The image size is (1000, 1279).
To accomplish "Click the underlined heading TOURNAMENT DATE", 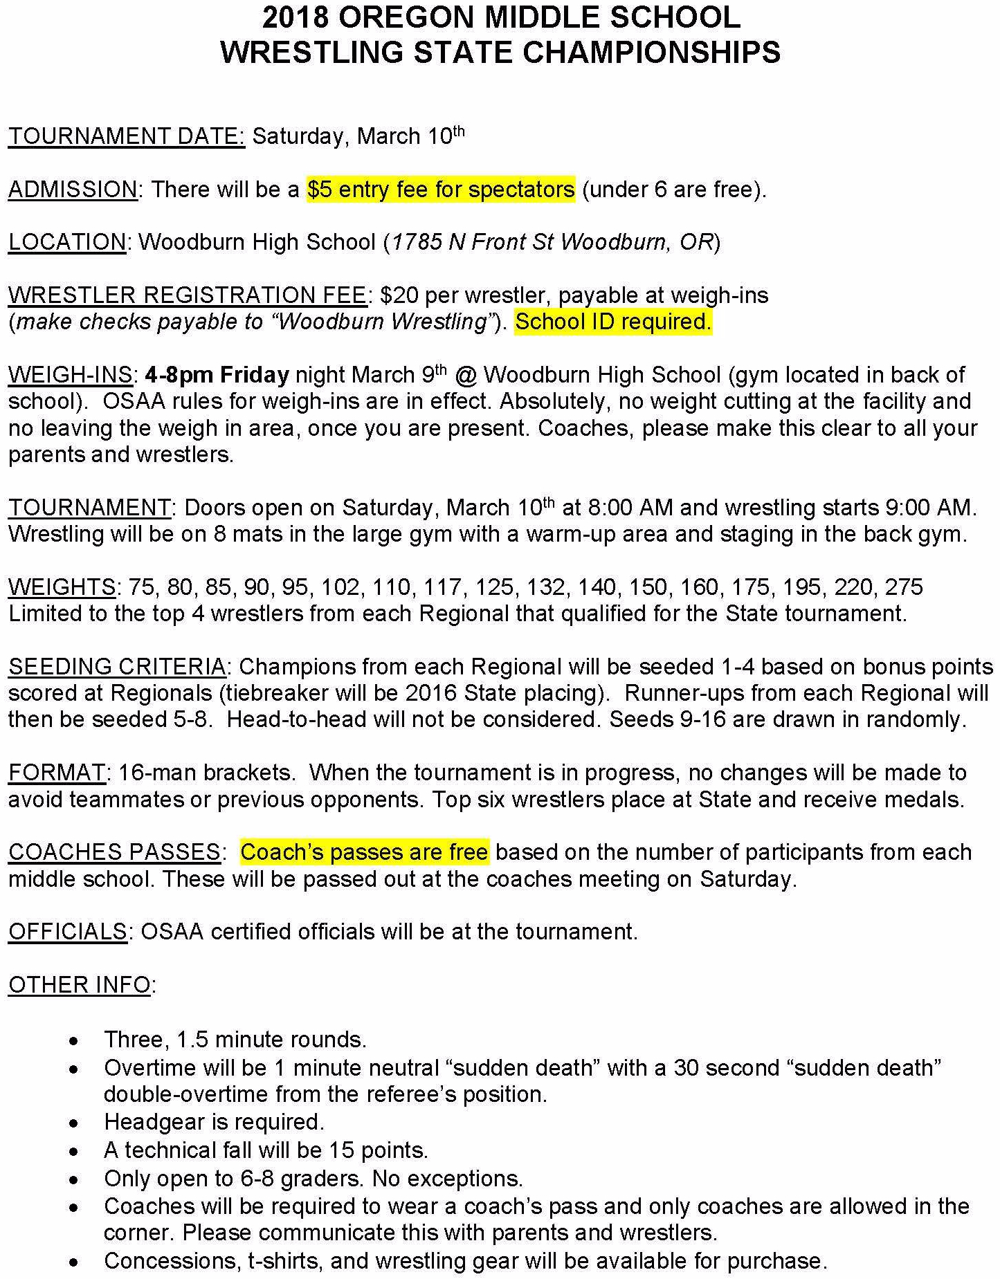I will (127, 136).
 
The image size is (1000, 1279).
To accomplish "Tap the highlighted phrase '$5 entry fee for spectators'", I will (441, 190).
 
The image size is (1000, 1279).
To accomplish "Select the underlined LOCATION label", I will (67, 243).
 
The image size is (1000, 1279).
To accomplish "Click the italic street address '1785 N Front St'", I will (473, 243).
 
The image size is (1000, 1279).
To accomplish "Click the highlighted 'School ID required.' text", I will (613, 322).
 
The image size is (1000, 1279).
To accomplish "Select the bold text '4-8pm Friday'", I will (217, 376).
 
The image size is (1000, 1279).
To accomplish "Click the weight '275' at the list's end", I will (902, 588).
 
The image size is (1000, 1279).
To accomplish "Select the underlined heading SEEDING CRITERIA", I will (117, 668).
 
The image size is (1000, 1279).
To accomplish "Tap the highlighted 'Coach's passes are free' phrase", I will (364, 853).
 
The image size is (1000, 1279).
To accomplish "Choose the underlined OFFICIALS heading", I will (68, 932).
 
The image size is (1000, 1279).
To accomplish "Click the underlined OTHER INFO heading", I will (80, 986).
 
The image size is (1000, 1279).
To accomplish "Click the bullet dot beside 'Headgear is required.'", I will (74, 1123).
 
